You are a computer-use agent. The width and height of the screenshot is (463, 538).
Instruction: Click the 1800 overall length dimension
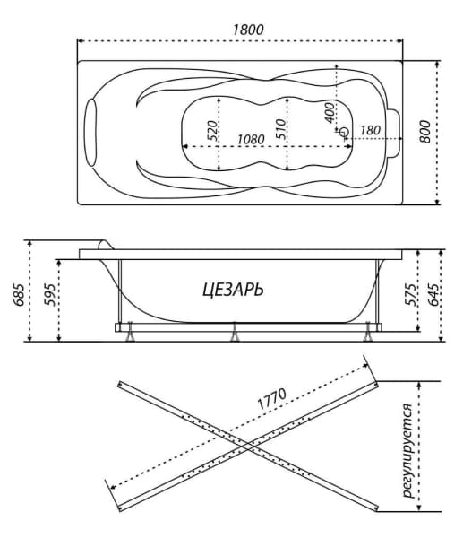coord(248,30)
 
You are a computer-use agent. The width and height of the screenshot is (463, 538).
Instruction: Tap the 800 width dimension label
coord(424,132)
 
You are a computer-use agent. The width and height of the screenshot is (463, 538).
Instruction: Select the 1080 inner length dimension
coord(251,139)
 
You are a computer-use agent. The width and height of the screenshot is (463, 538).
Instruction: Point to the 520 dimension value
coord(212,130)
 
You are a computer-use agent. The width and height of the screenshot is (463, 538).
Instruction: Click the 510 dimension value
coord(280,128)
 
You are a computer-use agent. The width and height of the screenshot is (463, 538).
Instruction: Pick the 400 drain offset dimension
coord(330,113)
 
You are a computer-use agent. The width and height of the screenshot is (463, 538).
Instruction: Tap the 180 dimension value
coord(370,130)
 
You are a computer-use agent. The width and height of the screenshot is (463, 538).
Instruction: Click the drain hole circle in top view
coord(344,132)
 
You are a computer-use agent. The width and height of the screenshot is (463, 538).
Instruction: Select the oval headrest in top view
coord(91,133)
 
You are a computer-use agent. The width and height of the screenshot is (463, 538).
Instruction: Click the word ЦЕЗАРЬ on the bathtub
coord(234,290)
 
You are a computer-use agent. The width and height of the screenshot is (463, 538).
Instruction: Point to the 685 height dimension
coord(19,295)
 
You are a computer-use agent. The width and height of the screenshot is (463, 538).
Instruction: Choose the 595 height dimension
coord(49,295)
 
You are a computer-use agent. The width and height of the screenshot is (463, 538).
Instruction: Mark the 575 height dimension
coord(410,295)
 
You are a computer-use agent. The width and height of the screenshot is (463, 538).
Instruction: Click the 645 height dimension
coord(433,295)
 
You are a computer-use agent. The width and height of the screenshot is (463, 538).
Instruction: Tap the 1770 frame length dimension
coord(271,399)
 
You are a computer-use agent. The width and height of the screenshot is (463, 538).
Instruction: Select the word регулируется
coord(409,450)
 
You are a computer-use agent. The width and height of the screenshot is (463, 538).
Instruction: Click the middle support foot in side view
coord(235,332)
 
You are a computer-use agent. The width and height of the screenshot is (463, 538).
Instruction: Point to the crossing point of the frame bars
coord(248,446)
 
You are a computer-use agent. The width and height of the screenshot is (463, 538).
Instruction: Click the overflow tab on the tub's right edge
coord(394,133)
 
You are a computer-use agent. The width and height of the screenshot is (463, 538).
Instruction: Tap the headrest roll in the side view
coord(103,245)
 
